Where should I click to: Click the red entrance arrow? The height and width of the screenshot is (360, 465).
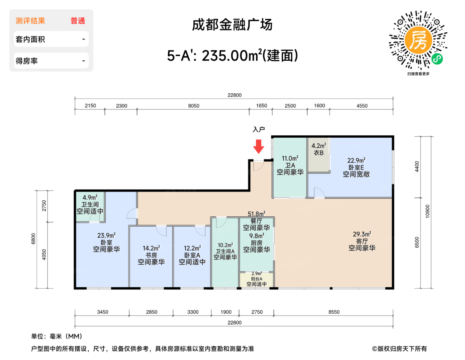[258, 146]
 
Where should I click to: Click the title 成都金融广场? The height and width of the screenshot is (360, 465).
[232, 25]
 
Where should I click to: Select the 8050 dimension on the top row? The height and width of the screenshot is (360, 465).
[194, 106]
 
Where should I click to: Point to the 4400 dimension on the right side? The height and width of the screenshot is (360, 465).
[417, 166]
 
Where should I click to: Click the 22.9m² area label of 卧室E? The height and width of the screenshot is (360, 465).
[356, 161]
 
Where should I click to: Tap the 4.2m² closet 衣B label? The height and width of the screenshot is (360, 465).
[319, 149]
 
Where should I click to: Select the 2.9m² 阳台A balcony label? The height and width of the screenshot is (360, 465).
[256, 279]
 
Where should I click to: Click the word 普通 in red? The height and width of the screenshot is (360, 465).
[78, 21]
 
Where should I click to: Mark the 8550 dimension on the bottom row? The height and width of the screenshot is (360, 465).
[334, 312]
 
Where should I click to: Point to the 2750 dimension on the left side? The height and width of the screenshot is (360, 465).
[44, 206]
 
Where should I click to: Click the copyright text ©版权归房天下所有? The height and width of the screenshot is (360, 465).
[399, 349]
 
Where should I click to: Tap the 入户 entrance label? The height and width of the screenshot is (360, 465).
[258, 129]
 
